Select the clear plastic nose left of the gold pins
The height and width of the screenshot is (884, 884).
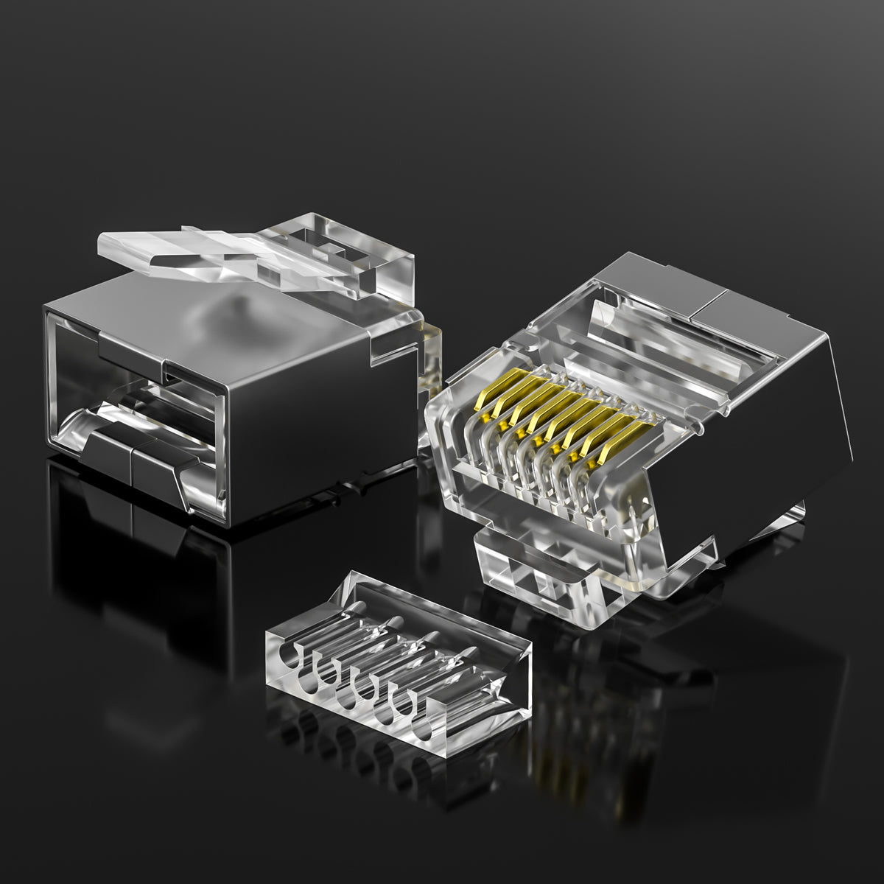click(x=449, y=442)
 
